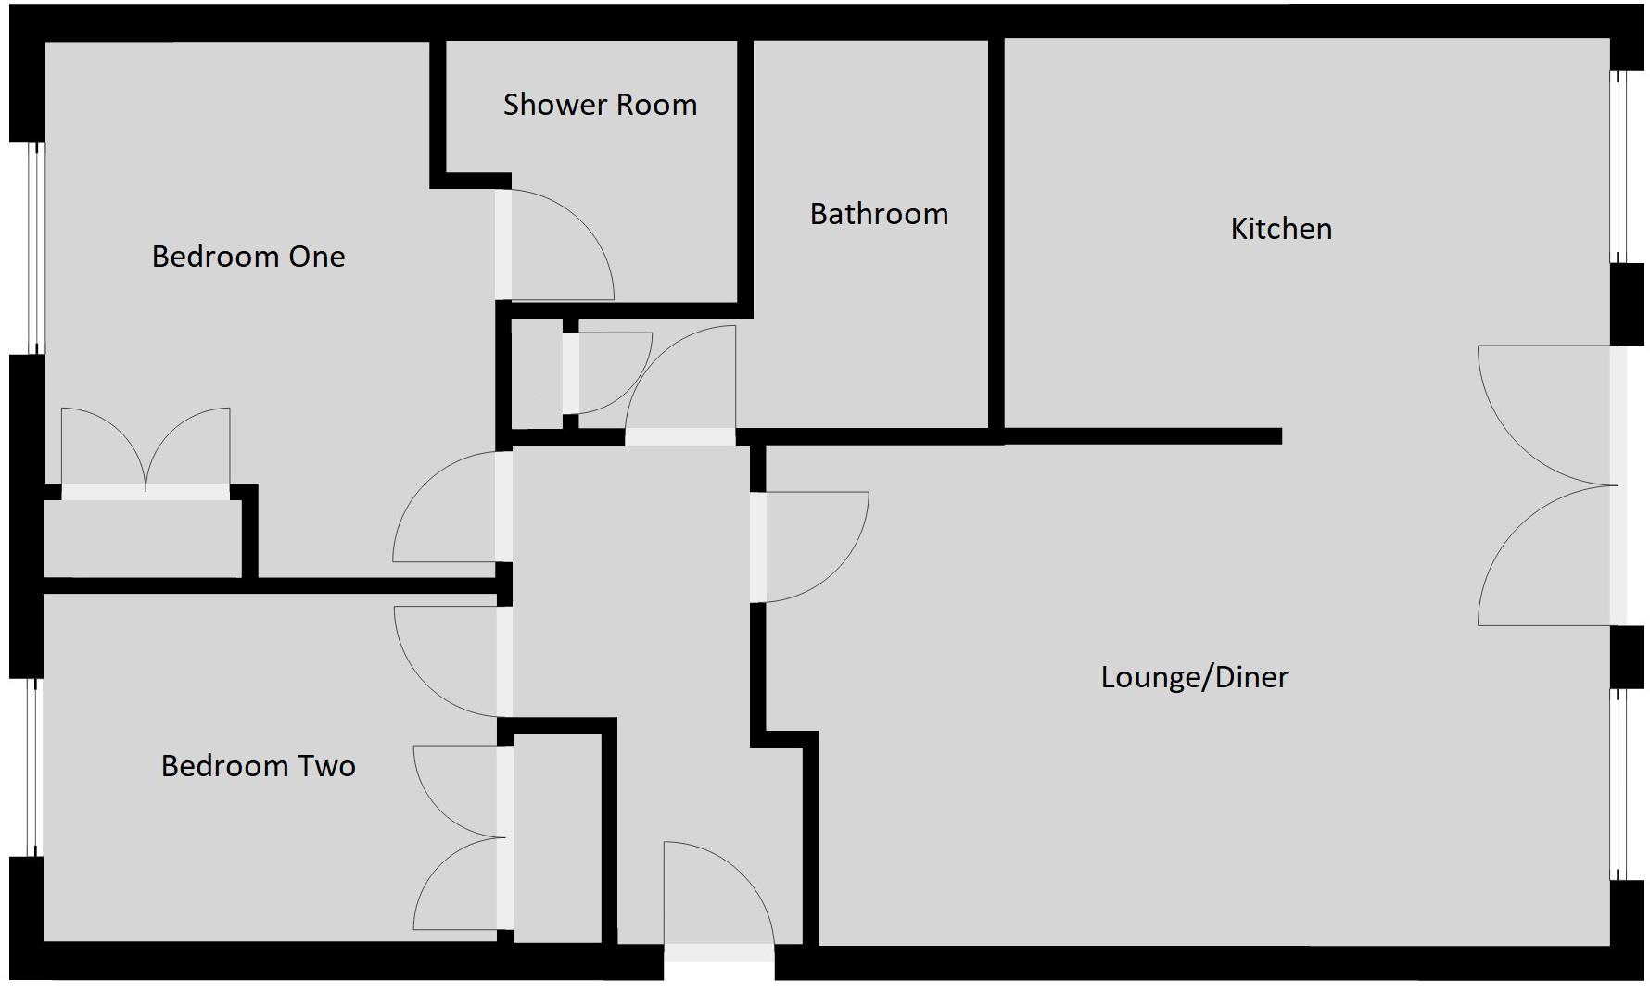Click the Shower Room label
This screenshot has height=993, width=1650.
pos(600,105)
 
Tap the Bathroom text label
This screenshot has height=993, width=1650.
pos(879,214)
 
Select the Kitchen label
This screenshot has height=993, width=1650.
pos(1281,229)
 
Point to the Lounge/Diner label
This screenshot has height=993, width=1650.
pos(1194,677)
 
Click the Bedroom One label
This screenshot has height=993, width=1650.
pos(248,257)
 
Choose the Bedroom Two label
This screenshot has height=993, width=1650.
pos(258,766)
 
